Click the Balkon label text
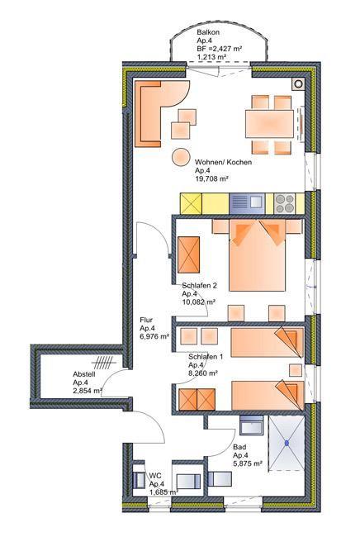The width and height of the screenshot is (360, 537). (x=208, y=32)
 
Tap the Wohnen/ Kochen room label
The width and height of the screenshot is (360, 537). (x=223, y=162)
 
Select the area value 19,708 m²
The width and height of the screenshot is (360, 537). (x=211, y=178)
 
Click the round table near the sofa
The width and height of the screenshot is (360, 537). (x=180, y=157)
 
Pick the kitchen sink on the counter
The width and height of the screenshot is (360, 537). (x=247, y=203)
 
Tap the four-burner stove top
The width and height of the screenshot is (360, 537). (x=284, y=203)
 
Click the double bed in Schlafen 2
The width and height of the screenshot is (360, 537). (x=257, y=255)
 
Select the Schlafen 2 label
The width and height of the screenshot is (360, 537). (x=199, y=286)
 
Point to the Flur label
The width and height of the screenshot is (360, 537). (x=146, y=321)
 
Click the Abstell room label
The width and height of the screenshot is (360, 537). (x=84, y=374)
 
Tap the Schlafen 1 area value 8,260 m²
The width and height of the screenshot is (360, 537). (x=203, y=373)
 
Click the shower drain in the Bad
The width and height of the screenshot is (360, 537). (x=287, y=443)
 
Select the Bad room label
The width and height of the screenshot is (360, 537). (x=239, y=447)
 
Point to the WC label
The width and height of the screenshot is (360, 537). (x=154, y=476)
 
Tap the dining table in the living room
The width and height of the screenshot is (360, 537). (x=269, y=124)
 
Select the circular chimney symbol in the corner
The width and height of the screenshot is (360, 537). (x=298, y=83)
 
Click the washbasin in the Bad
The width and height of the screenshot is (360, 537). (x=252, y=425)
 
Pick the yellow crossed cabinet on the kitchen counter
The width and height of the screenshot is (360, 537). (x=191, y=204)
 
